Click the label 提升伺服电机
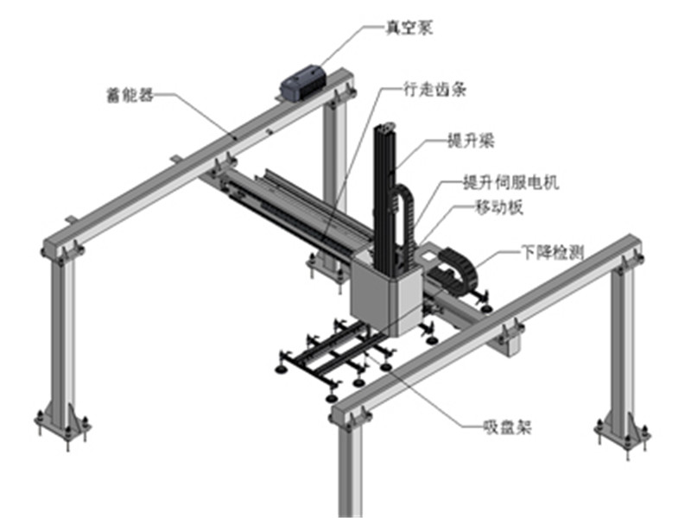[x=511, y=182]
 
